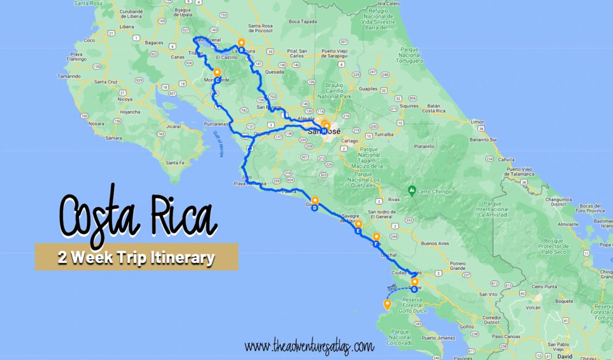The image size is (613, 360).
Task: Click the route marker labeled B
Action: [241, 50]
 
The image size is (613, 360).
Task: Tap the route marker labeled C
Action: [217, 80]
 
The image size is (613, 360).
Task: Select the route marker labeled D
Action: [315, 207]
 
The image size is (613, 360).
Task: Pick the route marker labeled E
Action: [358, 231]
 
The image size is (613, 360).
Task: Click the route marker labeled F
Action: [376, 244]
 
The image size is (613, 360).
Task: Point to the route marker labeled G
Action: [414, 289]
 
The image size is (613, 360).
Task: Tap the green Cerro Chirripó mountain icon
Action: [411, 190]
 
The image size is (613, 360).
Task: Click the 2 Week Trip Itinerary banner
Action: [136, 257]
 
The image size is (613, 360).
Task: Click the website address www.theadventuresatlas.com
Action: [310, 347]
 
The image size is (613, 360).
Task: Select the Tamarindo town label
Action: [69, 76]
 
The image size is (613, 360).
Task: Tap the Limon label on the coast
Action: [477, 123]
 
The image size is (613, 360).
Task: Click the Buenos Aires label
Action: [435, 244]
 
